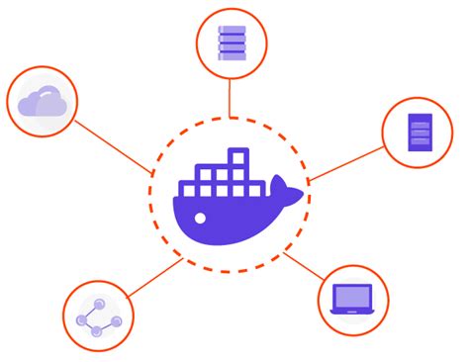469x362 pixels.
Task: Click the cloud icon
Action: click(43, 101)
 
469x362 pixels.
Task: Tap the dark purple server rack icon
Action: click(420, 134)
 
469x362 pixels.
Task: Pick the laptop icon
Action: click(353, 299)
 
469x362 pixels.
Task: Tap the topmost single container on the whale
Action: click(236, 157)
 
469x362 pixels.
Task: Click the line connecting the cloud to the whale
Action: click(114, 147)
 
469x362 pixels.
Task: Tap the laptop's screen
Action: click(353, 295)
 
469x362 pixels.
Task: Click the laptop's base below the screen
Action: click(353, 312)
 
